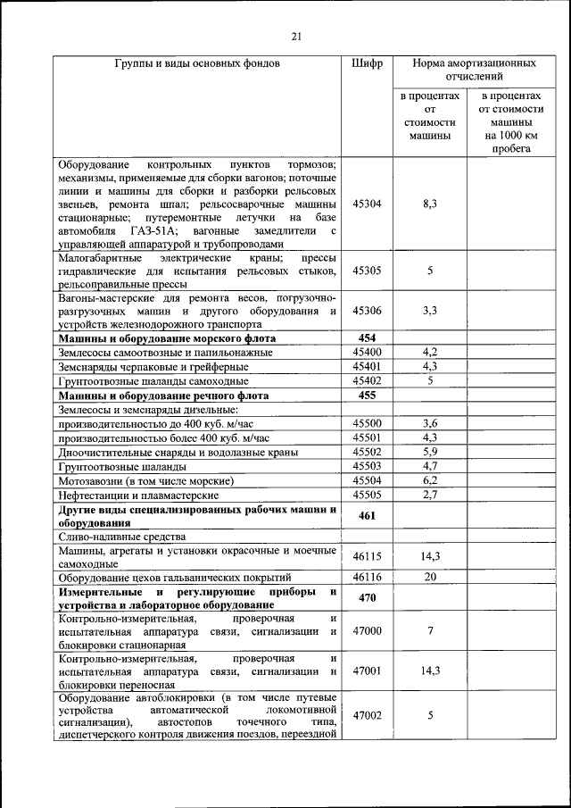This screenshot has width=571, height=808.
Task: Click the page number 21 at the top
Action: [297, 36]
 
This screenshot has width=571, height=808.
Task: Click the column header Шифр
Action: [367, 64]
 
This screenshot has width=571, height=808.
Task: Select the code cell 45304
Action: [367, 204]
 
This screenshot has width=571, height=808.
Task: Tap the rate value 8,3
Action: [429, 204]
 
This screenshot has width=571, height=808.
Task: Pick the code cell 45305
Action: [367, 271]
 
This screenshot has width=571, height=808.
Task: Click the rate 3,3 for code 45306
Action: [429, 311]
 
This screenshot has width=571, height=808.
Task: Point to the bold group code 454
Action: [367, 337]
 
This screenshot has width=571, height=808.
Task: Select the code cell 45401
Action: [367, 365]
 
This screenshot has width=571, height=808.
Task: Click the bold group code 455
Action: [367, 394]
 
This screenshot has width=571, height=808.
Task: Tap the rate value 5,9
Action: [429, 452]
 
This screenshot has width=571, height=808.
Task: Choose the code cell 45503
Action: [367, 465]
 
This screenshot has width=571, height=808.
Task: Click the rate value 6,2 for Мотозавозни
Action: [429, 479]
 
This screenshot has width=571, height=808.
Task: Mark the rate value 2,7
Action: [429, 494]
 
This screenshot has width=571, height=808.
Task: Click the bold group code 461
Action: [367, 515]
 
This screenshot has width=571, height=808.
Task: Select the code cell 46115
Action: [367, 556]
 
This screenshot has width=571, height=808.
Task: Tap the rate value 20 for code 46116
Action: [429, 577]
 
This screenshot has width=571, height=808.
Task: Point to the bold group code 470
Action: [367, 598]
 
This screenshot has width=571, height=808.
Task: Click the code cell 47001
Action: [367, 670]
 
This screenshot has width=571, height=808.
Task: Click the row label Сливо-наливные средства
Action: [121, 537]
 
